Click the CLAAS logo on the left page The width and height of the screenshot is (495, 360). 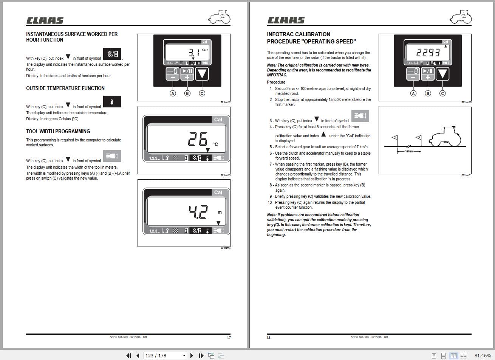45,20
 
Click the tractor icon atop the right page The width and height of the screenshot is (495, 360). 461,17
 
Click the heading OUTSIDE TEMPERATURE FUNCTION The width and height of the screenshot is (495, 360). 65,88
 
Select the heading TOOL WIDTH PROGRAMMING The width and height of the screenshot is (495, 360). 58,131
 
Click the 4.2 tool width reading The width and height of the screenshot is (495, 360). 198,212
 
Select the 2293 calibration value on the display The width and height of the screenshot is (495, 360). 428,52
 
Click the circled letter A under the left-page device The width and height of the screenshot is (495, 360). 173,93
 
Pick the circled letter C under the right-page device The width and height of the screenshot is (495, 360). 442,93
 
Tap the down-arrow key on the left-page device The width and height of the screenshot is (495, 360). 202,74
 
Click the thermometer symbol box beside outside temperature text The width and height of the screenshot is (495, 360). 112,102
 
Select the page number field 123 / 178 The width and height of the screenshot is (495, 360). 165,355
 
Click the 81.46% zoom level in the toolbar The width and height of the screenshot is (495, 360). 483,355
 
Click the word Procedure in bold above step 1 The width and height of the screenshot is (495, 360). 276,82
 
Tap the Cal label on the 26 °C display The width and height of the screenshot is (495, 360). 218,119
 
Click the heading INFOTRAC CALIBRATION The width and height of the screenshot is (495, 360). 299,34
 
